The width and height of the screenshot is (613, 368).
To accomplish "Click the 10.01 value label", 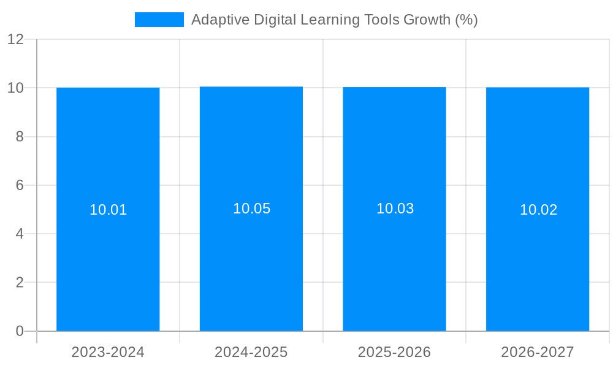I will pyautogui.click(x=108, y=210).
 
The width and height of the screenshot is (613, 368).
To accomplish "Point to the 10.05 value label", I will pyautogui.click(x=251, y=209).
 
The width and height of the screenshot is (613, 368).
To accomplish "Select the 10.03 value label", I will pyautogui.click(x=395, y=209).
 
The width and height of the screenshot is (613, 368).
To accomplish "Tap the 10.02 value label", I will pyautogui.click(x=538, y=210).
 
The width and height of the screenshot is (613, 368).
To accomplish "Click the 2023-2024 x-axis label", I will pyautogui.click(x=108, y=352).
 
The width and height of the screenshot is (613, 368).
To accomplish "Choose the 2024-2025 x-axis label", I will pyautogui.click(x=251, y=352).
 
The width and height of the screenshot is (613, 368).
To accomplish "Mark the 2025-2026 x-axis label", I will pyautogui.click(x=394, y=352).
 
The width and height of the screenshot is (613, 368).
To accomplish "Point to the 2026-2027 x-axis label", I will pyautogui.click(x=538, y=352).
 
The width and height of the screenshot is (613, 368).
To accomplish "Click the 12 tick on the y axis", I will pyautogui.click(x=15, y=39).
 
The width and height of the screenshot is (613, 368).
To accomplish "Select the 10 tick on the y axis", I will pyautogui.click(x=15, y=88).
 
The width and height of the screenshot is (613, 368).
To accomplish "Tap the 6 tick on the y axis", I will pyautogui.click(x=20, y=185).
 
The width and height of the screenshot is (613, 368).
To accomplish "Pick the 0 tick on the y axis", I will pyautogui.click(x=20, y=331).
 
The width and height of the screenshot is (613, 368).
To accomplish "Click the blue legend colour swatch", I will pyautogui.click(x=159, y=20).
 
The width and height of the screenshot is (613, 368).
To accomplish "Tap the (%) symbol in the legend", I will pyautogui.click(x=466, y=20).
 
